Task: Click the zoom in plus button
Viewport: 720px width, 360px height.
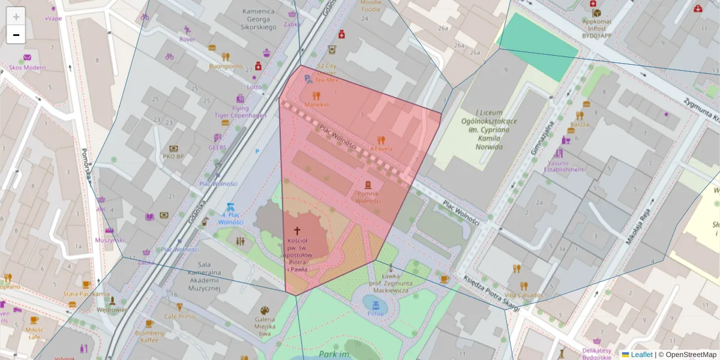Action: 16,16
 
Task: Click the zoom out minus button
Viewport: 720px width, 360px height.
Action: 16,35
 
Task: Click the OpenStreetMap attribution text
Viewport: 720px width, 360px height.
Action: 691,355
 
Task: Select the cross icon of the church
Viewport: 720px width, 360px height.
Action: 296,230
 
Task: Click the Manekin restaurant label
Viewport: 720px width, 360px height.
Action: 316,104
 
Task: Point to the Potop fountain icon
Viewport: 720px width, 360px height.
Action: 376,304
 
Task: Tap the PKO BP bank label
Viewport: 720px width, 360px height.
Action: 173,157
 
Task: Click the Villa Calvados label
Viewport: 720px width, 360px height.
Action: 523,295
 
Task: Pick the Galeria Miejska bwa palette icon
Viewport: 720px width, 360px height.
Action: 264,311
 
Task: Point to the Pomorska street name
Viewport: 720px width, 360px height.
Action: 86,165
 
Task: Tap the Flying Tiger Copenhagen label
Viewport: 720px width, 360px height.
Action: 241,112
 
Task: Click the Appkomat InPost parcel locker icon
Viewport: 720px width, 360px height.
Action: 596,13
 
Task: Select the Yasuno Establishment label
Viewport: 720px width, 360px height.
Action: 563,166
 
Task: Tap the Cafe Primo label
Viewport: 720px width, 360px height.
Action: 179,316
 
